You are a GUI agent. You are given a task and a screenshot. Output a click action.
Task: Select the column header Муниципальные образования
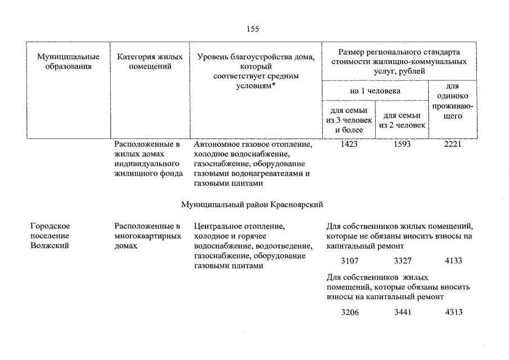69,61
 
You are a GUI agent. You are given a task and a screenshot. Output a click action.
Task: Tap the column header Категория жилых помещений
150,61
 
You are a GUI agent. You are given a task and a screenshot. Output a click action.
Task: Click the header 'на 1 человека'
375,90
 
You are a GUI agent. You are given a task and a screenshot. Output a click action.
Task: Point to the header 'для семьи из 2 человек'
402,120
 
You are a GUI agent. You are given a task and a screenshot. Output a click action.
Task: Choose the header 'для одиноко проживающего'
453,101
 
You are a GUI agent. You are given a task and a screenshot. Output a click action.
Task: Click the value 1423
349,145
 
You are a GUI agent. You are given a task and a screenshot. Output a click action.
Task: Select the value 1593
402,145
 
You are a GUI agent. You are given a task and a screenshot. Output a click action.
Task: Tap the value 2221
452,145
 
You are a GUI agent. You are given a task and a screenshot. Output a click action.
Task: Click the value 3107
349,261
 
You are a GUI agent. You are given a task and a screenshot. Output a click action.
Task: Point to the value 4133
453,261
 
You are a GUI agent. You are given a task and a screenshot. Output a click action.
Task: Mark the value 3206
349,312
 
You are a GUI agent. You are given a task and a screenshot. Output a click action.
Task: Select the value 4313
453,312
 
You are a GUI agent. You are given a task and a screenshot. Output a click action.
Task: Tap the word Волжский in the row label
50,246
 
